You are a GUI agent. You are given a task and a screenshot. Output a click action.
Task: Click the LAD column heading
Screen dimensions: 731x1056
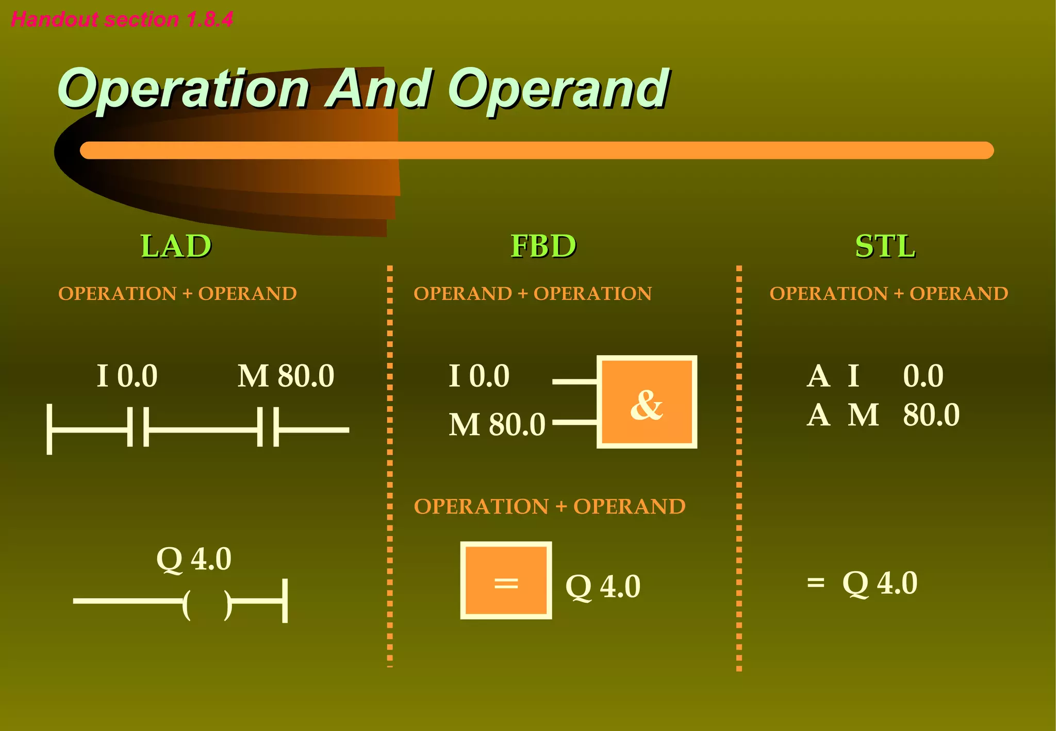point(176,246)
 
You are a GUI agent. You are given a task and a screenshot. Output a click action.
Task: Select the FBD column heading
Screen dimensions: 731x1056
point(543,246)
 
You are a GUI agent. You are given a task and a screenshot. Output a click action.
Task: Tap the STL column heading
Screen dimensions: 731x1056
point(885,246)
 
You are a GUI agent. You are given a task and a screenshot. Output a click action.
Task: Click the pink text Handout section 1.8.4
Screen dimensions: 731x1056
point(122,20)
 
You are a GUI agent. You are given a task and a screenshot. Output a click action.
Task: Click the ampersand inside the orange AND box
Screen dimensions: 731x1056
point(646,404)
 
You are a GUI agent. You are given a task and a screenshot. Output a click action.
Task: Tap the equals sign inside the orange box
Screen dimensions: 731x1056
point(506,583)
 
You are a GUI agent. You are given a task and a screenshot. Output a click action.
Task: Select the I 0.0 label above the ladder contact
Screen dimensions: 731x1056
point(127,376)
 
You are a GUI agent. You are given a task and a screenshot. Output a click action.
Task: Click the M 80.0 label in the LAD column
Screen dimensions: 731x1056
point(286,376)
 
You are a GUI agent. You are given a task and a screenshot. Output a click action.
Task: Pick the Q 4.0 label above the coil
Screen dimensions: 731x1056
point(194,559)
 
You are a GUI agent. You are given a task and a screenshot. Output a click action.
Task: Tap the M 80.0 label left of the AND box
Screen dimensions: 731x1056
point(497,425)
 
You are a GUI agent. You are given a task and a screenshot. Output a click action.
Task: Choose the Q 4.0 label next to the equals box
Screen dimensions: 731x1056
point(603,587)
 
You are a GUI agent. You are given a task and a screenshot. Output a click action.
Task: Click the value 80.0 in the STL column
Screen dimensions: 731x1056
point(931,415)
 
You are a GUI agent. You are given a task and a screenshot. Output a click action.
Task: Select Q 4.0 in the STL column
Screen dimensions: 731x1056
point(880,583)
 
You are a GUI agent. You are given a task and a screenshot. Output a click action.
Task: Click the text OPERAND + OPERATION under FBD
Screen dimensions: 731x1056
point(533,294)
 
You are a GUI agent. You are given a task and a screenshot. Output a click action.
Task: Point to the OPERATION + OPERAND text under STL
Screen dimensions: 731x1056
point(888,294)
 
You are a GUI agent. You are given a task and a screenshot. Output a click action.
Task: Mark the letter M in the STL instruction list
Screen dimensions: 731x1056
point(863,415)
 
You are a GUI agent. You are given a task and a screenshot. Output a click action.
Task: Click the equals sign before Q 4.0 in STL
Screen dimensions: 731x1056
point(816,583)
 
